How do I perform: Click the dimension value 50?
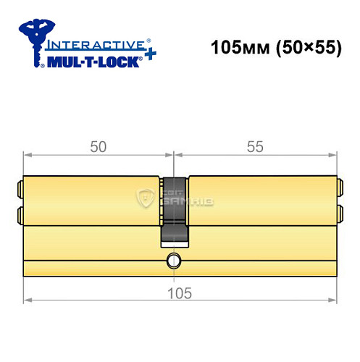coord(99,146)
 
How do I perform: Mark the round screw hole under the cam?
coord(174,260)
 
